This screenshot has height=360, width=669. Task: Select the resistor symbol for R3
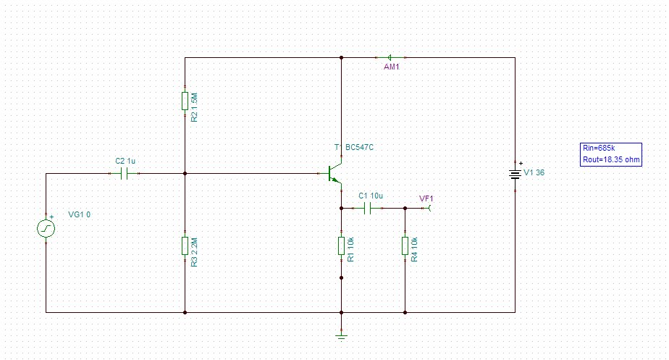click(185, 246)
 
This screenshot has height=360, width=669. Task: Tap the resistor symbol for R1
click(341, 246)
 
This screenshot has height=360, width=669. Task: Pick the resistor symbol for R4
click(405, 246)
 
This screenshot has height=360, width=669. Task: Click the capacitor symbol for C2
click(126, 174)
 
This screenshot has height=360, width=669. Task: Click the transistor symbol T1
click(334, 175)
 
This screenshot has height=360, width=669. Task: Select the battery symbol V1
click(515, 174)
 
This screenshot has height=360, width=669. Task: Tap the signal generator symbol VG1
click(46, 228)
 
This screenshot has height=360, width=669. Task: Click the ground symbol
click(341, 335)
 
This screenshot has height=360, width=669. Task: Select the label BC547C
click(359, 148)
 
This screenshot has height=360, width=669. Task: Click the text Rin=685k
click(599, 148)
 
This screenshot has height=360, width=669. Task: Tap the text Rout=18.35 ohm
click(611, 159)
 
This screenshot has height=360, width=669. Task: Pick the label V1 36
click(534, 173)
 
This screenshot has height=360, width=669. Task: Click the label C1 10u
click(371, 196)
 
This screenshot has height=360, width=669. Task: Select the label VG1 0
click(80, 214)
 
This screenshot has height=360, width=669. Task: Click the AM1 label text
click(392, 67)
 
